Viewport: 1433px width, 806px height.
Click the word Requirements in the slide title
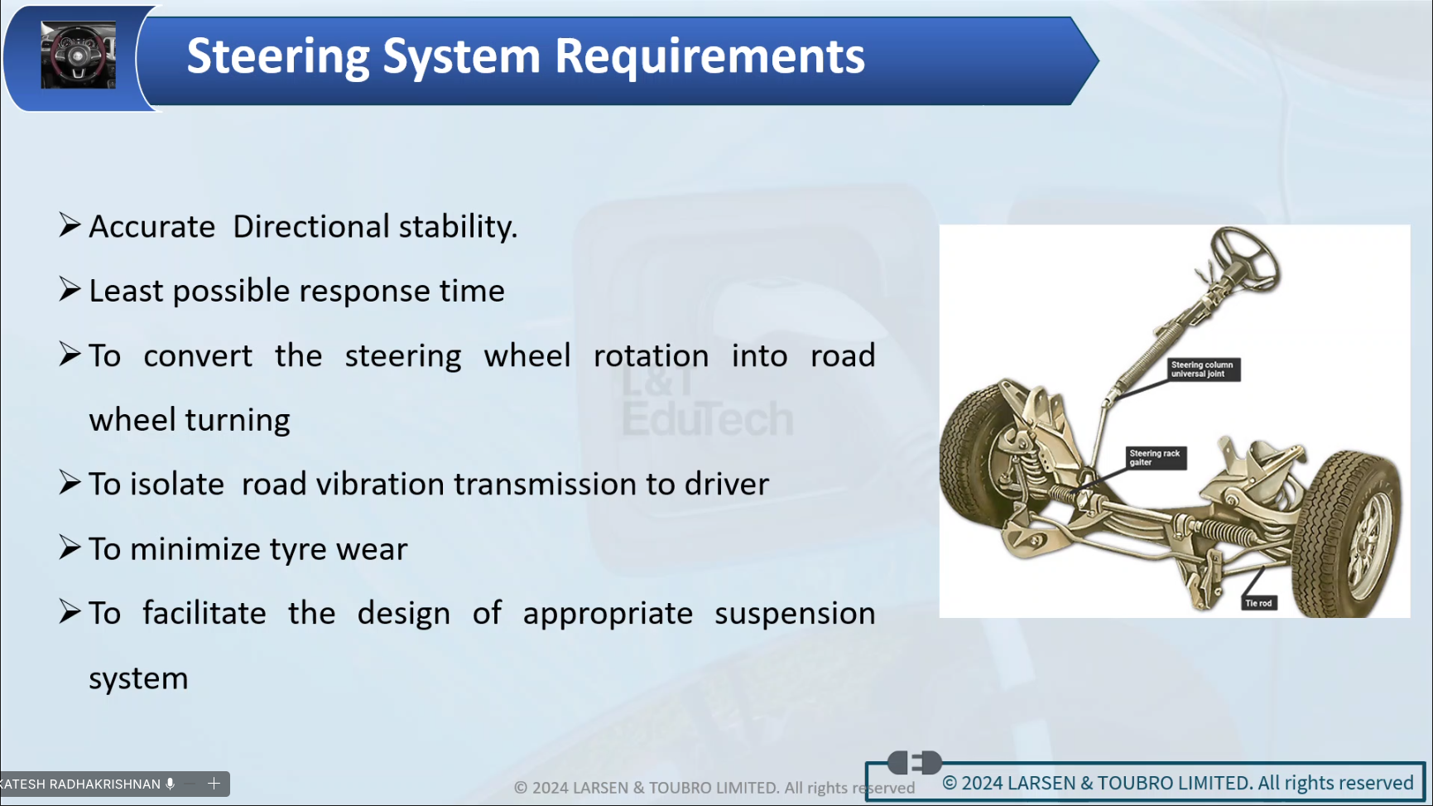pyautogui.click(x=709, y=57)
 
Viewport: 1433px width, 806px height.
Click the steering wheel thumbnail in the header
pyautogui.click(x=79, y=56)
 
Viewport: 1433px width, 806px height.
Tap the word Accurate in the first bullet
pyautogui.click(x=152, y=227)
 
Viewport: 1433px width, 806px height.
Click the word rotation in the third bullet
pyautogui.click(x=652, y=356)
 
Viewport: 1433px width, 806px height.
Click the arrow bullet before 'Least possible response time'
pyautogui.click(x=70, y=290)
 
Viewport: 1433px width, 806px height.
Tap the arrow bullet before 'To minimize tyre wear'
pyautogui.click(x=70, y=548)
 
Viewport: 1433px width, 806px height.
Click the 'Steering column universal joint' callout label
pyautogui.click(x=1203, y=369)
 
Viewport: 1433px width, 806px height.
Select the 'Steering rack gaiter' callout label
pyautogui.click(x=1156, y=458)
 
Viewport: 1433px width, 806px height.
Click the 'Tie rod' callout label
pyautogui.click(x=1258, y=603)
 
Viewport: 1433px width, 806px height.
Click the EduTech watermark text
pyautogui.click(x=708, y=418)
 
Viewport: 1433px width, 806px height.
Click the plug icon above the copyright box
pyautogui.click(x=915, y=762)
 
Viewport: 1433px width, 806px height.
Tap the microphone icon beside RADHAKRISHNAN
pyautogui.click(x=171, y=784)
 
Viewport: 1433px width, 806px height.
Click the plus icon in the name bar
pyautogui.click(x=214, y=784)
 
